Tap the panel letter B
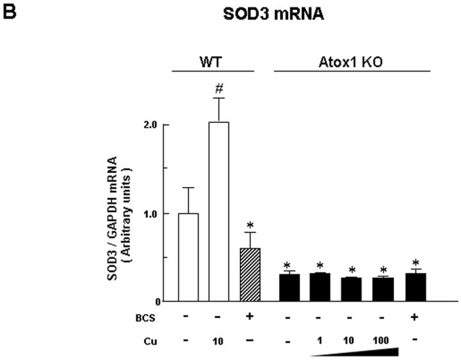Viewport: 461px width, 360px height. (x=8, y=10)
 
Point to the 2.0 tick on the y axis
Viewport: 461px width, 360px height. (x=150, y=126)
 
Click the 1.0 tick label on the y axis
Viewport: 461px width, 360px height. (x=150, y=213)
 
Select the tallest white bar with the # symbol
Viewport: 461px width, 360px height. (x=218, y=211)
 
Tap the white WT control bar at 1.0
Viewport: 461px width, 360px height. (x=188, y=257)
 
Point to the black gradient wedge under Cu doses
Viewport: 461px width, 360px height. (x=371, y=352)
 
